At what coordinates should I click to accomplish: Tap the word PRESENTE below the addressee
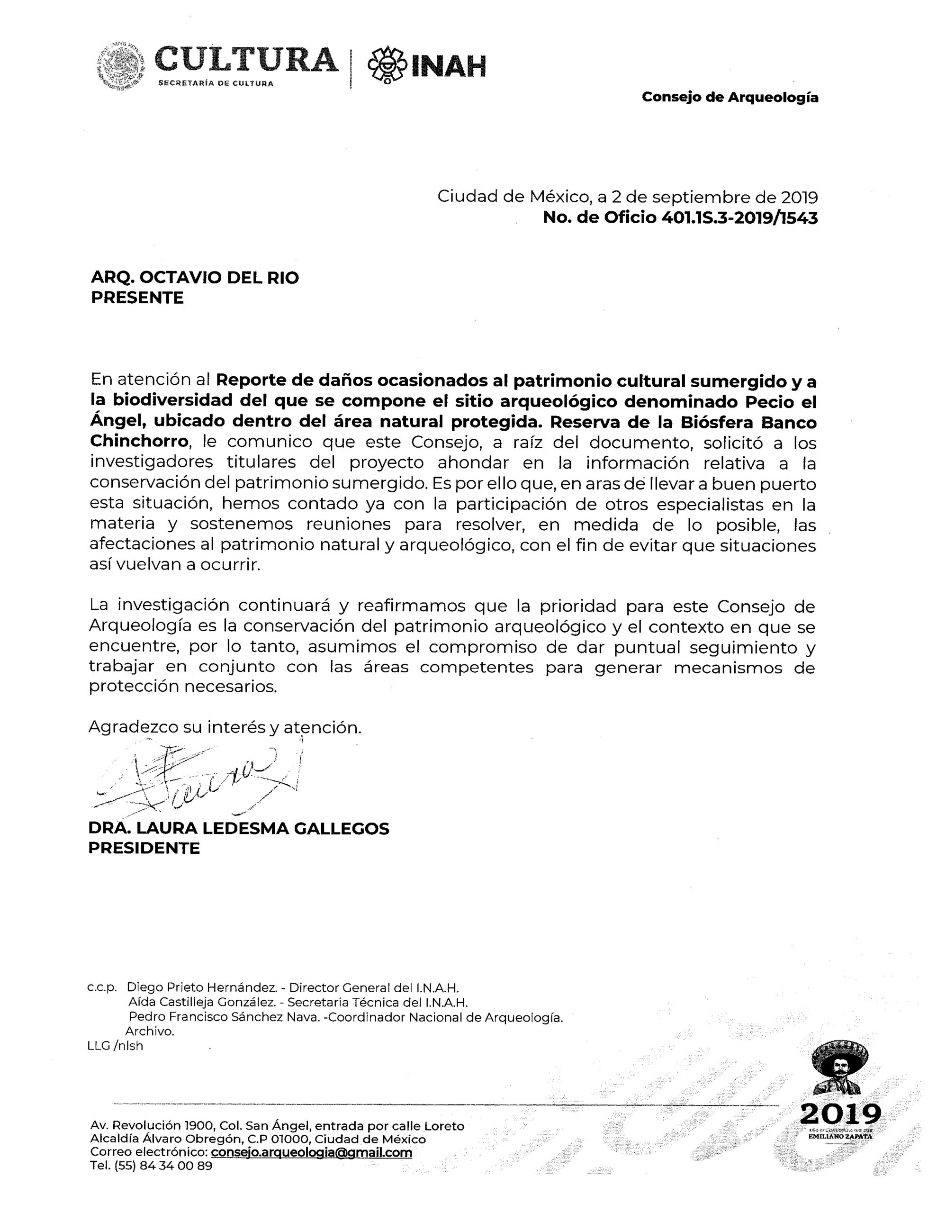click(136, 298)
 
